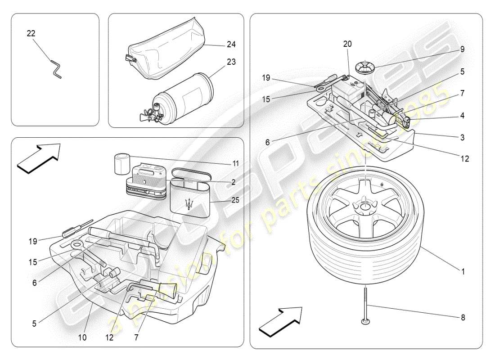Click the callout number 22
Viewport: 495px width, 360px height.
pos(31,34)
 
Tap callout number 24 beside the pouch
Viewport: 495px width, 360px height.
pos(231,45)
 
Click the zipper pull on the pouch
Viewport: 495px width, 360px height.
pos(127,58)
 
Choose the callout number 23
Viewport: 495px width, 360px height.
pos(231,62)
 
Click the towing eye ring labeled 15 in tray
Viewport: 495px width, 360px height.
pos(76,246)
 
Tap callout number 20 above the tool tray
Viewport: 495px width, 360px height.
pos(347,44)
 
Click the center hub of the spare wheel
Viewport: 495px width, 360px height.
pos(364,207)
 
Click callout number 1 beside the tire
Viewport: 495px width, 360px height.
pos(463,272)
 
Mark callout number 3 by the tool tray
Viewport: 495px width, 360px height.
pos(463,137)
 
